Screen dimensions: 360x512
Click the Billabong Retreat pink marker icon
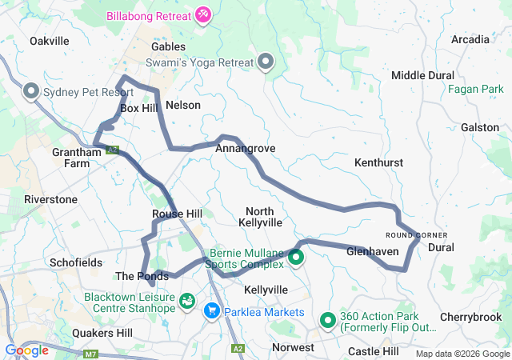click(x=203, y=15)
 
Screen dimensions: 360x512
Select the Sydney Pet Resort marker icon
click(x=32, y=92)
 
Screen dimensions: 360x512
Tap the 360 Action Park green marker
click(x=328, y=321)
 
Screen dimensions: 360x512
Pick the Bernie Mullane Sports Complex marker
click(x=296, y=258)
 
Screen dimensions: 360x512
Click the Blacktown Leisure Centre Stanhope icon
click(x=187, y=302)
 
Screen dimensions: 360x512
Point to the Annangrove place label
click(x=240, y=148)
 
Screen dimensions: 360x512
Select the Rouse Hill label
click(x=177, y=214)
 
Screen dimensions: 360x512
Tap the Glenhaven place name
click(x=373, y=251)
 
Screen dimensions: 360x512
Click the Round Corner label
click(x=416, y=234)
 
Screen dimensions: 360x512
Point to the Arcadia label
click(x=470, y=39)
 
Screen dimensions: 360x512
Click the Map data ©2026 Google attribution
click(x=461, y=354)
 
